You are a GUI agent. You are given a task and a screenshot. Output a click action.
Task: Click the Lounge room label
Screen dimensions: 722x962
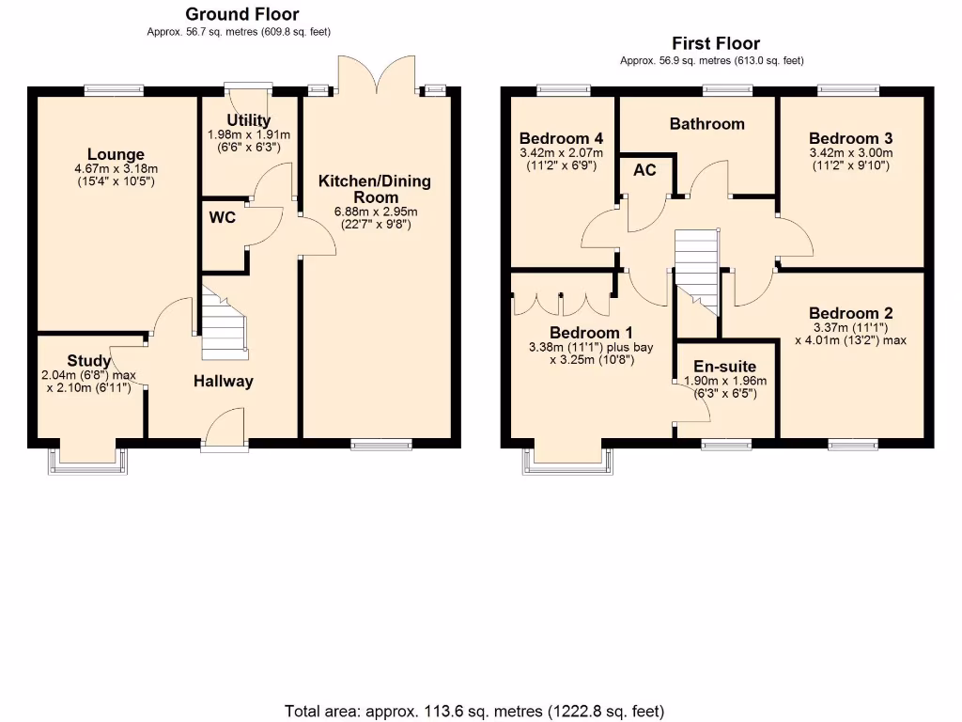116,155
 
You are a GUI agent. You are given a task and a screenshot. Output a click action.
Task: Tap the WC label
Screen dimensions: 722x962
223,218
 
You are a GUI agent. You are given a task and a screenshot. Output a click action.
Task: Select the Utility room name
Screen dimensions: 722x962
249,120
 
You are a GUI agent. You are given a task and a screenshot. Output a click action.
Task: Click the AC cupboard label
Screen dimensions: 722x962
644,170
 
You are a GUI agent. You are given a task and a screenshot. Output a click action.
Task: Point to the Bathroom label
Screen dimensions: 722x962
706,124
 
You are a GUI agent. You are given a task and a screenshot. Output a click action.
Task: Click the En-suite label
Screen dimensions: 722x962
724,368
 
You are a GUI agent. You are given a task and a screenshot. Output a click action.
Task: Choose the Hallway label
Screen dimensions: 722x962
224,381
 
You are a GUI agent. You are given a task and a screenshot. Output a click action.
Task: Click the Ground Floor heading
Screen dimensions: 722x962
242,14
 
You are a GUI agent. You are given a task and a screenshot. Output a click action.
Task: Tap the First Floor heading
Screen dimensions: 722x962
716,43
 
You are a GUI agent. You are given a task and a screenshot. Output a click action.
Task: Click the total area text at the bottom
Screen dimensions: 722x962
474,711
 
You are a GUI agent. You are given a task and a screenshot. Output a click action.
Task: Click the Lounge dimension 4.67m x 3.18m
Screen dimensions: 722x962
116,169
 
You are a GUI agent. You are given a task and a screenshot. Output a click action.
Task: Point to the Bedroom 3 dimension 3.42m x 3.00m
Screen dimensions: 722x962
850,153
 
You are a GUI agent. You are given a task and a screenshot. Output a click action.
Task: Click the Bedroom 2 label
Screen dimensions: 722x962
850,314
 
